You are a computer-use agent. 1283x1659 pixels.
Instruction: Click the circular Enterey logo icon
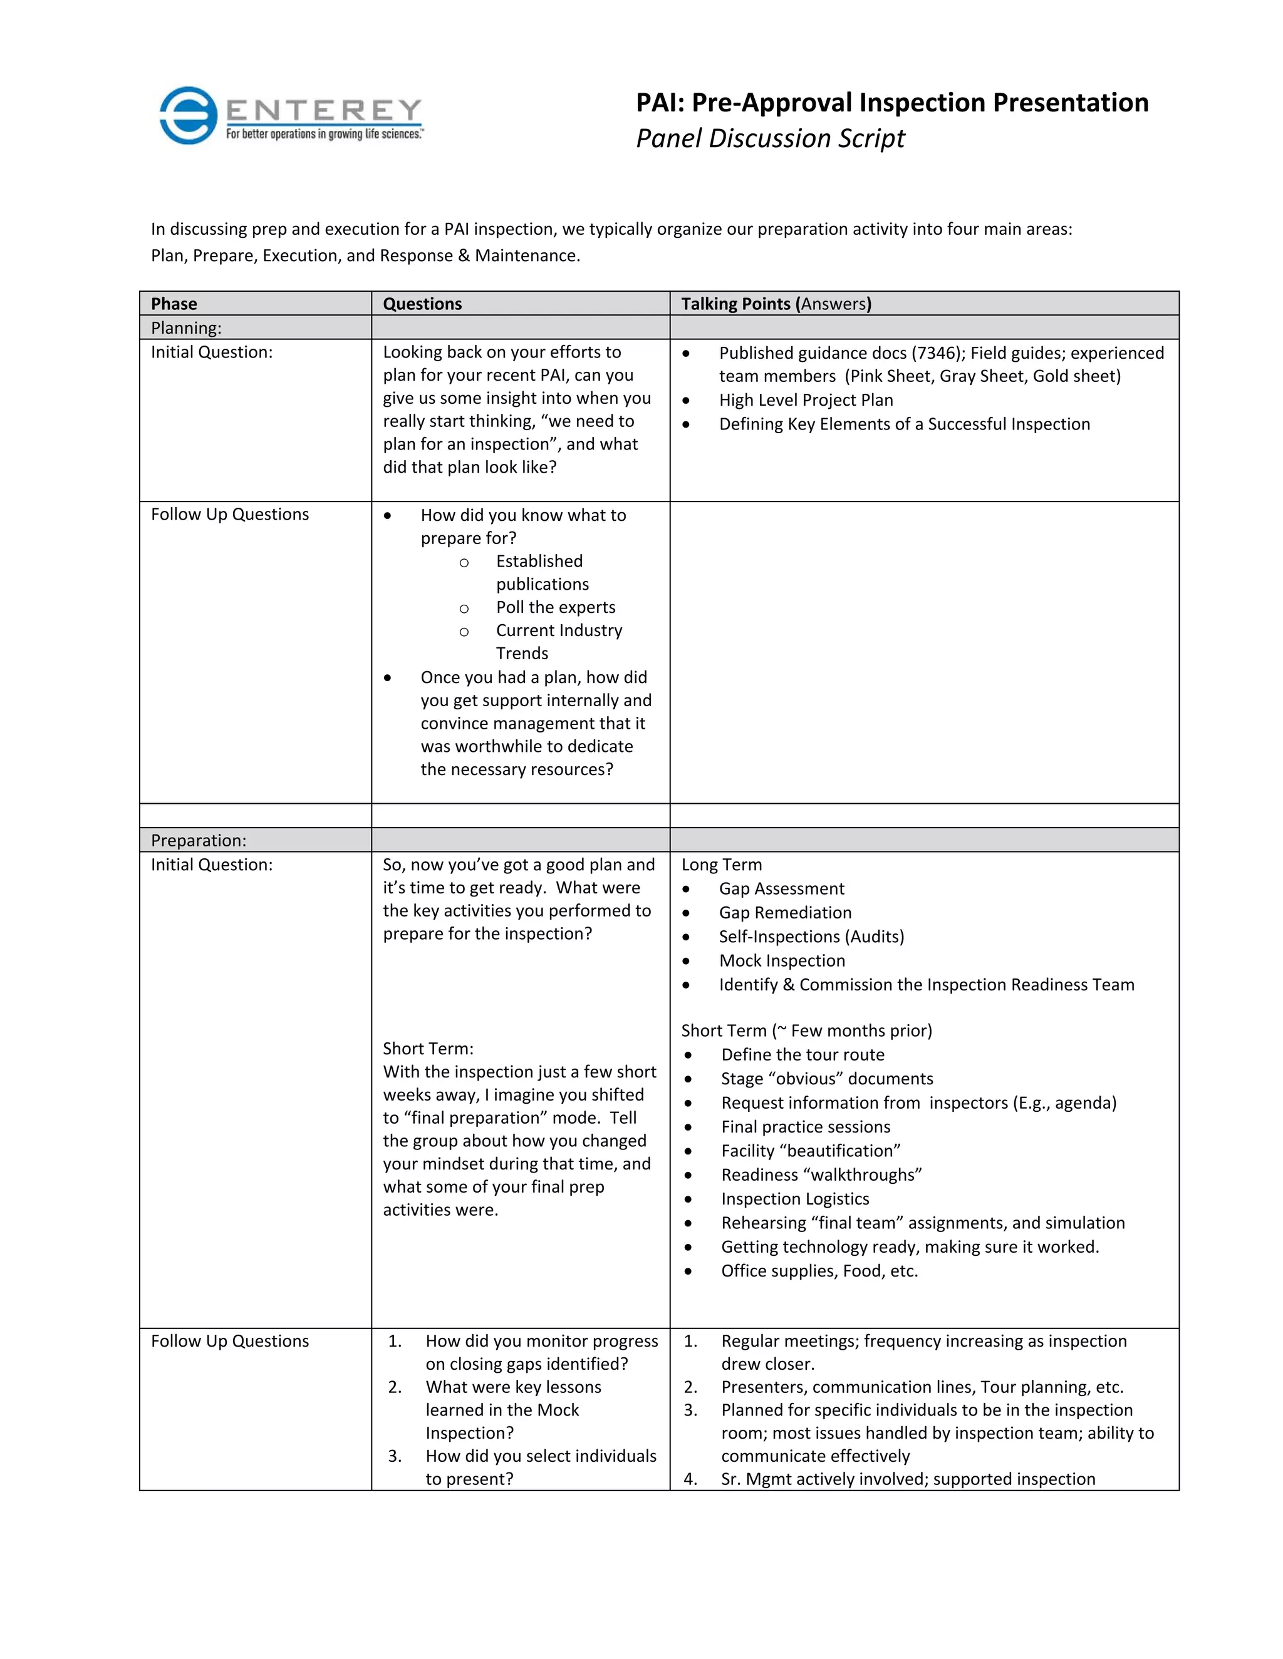189,115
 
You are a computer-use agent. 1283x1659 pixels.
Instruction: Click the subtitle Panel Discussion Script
770,138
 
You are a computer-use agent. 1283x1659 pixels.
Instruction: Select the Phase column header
174,304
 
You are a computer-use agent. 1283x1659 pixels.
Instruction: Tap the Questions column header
422,304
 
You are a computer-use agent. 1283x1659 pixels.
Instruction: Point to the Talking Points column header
776,304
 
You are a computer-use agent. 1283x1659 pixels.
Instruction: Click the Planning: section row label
186,328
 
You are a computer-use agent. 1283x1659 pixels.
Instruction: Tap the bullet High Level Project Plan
806,400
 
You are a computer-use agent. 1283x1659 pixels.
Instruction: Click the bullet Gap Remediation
785,913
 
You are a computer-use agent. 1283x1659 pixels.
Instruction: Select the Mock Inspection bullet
782,961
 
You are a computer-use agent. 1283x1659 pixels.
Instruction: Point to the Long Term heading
721,865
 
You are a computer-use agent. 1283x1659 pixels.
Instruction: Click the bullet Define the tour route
803,1055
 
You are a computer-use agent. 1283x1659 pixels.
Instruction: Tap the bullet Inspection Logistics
795,1199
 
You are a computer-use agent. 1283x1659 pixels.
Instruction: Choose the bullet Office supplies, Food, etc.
819,1271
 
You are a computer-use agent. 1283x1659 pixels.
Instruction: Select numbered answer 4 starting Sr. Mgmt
908,1479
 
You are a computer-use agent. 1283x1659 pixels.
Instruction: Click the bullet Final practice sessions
806,1127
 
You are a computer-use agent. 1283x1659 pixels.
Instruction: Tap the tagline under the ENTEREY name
325,135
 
